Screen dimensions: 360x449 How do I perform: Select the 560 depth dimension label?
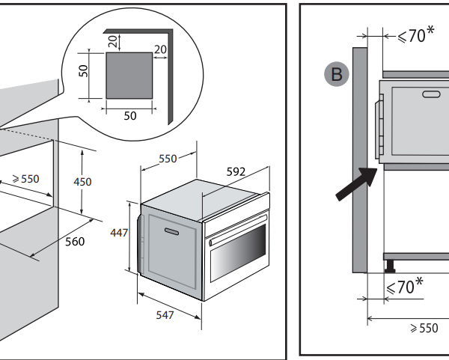pyautogui.click(x=75, y=242)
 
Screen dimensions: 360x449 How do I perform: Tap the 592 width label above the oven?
pyautogui.click(x=236, y=171)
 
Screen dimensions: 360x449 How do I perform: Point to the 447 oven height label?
pyautogui.click(x=120, y=233)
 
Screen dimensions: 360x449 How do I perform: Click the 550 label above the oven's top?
pyautogui.click(x=168, y=159)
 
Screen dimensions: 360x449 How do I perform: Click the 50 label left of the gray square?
pyautogui.click(x=84, y=70)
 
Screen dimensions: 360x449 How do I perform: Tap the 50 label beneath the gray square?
pyautogui.click(x=130, y=117)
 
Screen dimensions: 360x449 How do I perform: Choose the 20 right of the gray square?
pyautogui.click(x=160, y=49)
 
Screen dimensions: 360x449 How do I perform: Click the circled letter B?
pyautogui.click(x=337, y=73)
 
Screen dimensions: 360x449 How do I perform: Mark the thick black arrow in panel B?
pyautogui.click(x=355, y=184)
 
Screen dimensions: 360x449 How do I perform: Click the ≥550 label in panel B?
pyautogui.click(x=424, y=329)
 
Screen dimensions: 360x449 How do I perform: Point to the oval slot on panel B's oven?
pyautogui.click(x=432, y=94)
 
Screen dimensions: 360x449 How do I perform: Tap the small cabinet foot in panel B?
pyautogui.click(x=390, y=264)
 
